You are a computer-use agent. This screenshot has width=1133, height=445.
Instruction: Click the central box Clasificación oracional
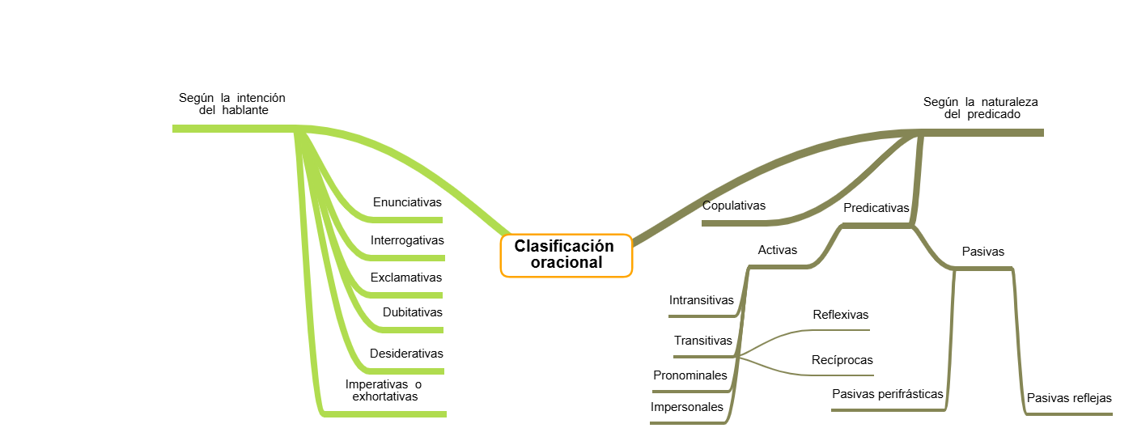click(565, 254)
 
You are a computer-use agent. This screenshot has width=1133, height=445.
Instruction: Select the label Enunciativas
click(407, 202)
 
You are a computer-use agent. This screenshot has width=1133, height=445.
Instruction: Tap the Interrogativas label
click(407, 240)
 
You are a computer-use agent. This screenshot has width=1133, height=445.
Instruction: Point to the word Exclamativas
click(406, 278)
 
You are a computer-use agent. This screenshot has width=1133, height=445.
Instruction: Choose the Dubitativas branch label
click(413, 312)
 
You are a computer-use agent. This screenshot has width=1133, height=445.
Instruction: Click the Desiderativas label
click(406, 354)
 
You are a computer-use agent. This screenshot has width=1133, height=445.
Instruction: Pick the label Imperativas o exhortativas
click(384, 391)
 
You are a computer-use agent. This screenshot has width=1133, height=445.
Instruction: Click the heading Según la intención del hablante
click(232, 104)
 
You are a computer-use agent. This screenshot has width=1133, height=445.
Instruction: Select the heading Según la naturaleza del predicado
click(981, 108)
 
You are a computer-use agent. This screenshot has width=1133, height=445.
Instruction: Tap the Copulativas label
click(734, 206)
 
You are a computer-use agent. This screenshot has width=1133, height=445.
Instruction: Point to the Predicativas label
click(876, 208)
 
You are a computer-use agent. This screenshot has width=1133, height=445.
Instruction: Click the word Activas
click(777, 250)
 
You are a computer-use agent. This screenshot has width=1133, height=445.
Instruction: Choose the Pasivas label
click(983, 252)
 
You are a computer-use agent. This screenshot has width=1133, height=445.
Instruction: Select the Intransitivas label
click(702, 300)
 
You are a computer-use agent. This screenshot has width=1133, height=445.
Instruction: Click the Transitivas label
click(703, 341)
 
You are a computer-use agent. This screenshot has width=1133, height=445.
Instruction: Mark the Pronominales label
click(690, 375)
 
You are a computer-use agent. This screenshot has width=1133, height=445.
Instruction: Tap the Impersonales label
click(687, 407)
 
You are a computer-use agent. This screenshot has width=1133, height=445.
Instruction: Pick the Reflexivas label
click(841, 315)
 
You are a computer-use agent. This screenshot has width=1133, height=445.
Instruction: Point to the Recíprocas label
click(842, 360)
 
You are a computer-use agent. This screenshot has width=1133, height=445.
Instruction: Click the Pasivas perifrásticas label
click(888, 394)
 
